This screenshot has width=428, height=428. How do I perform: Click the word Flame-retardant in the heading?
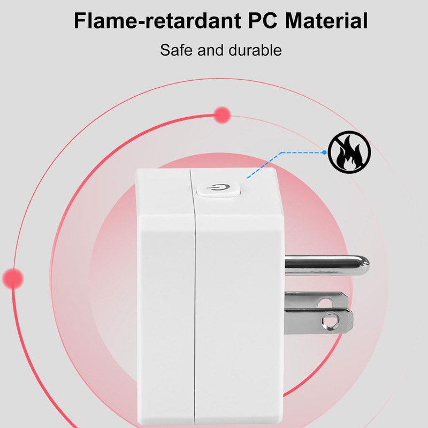[x=157, y=21]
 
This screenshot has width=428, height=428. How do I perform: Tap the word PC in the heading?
[x=262, y=21]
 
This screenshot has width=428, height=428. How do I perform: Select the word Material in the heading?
[x=326, y=21]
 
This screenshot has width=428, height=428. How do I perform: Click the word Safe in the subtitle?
[x=176, y=50]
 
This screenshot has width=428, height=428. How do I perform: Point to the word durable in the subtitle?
[x=255, y=50]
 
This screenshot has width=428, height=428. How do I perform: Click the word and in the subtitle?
[x=210, y=50]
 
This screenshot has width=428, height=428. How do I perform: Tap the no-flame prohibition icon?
[x=349, y=152]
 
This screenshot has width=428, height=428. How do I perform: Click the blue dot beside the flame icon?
[x=324, y=152]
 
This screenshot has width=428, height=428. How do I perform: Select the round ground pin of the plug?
[x=327, y=265]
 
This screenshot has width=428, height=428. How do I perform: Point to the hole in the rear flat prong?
[x=325, y=302]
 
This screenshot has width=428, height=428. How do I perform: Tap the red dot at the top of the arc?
[x=222, y=115]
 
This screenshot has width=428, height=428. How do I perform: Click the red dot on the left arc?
[x=13, y=279]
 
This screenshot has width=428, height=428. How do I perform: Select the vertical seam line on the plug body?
[x=194, y=297]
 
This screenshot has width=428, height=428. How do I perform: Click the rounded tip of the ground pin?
[x=366, y=265]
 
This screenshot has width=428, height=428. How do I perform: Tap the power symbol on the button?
[x=218, y=187]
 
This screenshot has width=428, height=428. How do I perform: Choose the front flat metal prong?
[x=318, y=321]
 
